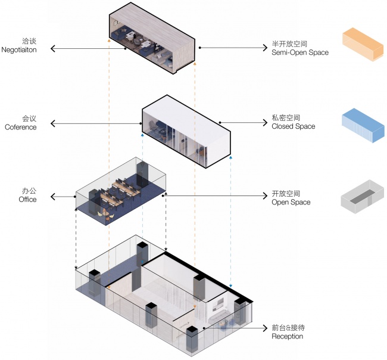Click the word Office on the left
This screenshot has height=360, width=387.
point(27,200)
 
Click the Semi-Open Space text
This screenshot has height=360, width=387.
point(299,52)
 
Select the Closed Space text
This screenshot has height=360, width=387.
point(293,126)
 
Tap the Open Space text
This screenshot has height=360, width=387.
point(291,203)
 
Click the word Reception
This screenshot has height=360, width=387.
point(287,337)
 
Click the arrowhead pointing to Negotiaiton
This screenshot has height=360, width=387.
point(54,48)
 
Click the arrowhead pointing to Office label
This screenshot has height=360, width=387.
point(54,196)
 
